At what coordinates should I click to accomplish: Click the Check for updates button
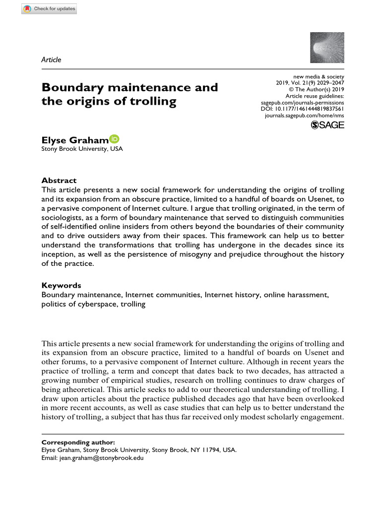click(49, 9)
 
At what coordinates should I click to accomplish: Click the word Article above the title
click(51, 60)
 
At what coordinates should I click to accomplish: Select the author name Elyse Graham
click(75, 141)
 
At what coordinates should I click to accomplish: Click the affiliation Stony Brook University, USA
click(82, 149)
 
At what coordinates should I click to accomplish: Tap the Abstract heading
click(59, 181)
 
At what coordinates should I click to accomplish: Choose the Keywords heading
click(61, 285)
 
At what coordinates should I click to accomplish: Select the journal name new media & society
click(317, 77)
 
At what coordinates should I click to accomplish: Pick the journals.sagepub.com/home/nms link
click(305, 115)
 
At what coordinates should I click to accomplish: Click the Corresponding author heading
click(78, 442)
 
